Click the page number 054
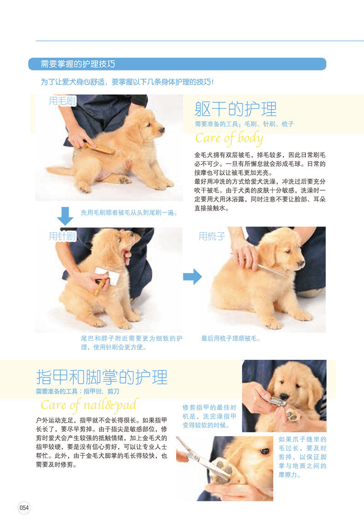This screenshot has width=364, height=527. click(24, 508)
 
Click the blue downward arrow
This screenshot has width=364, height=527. click(65, 216)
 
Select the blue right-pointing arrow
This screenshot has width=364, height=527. click(192, 276)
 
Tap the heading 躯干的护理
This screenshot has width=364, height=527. click(235, 109)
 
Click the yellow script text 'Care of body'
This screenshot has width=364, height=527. click(229, 138)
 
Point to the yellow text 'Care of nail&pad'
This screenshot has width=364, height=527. click(89, 404)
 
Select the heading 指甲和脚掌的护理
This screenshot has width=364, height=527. click(101, 377)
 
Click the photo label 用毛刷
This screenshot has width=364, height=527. click(62, 100)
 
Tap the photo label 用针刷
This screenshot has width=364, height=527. click(62, 236)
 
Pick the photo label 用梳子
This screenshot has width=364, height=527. click(211, 236)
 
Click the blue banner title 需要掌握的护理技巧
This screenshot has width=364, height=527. click(78, 64)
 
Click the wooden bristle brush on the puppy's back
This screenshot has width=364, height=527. click(99, 147)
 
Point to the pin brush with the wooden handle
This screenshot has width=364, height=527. click(104, 281)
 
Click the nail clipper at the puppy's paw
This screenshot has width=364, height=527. click(276, 402)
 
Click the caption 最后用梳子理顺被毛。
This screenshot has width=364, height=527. click(231, 339)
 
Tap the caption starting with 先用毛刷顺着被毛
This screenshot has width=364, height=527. click(129, 212)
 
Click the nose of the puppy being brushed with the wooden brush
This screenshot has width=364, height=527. click(162, 129)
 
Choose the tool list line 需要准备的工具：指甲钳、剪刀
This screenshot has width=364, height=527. click(78, 391)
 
